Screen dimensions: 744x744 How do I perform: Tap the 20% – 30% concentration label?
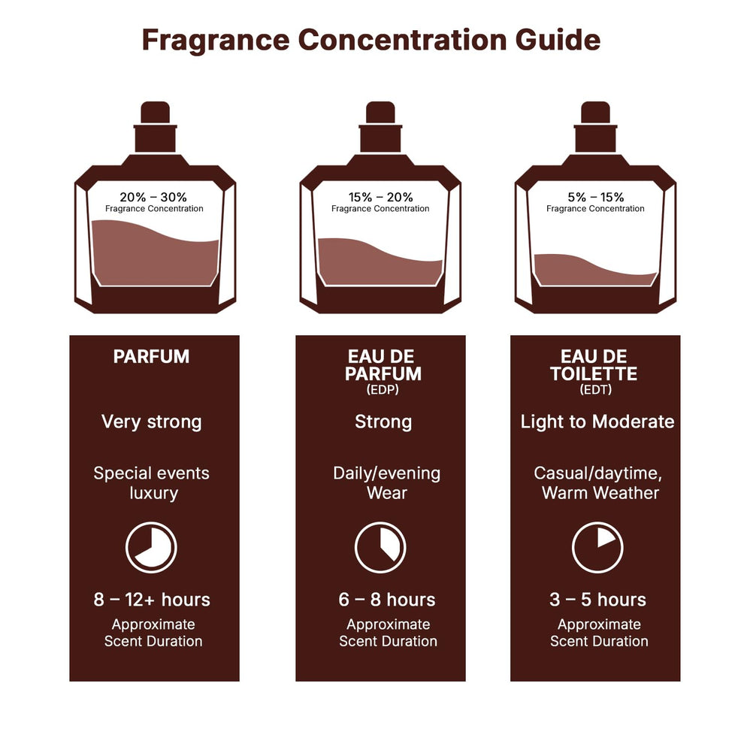154,197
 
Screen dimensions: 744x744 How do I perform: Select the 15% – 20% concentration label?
380,197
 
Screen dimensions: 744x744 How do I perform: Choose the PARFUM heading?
151,357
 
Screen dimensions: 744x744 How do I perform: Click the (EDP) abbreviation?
380,390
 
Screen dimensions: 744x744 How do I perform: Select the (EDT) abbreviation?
595,390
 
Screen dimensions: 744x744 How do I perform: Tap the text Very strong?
152,422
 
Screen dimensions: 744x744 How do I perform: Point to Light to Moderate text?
597,422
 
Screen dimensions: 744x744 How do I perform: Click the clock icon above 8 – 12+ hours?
151,547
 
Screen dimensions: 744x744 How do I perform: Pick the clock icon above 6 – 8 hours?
380,547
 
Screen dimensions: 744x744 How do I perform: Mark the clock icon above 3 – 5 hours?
597,547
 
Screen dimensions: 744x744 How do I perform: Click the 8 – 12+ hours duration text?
152,600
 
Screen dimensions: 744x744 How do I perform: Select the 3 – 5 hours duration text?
597,600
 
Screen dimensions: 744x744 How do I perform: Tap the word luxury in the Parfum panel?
153,493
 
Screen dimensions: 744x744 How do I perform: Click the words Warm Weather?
600,493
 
